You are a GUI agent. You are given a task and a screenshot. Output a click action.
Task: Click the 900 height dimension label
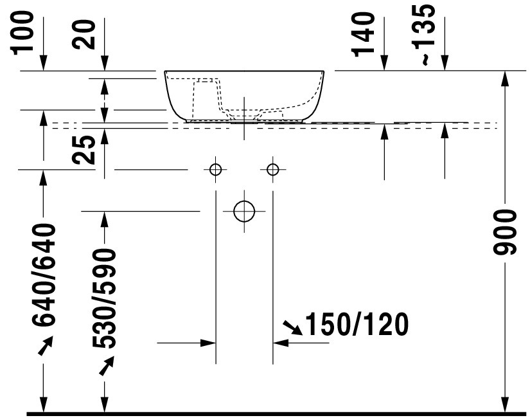pos(505,232)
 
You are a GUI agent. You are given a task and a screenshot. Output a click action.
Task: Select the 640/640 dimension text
pos(44,275)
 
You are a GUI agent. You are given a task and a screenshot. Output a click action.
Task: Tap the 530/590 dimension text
pos(104,298)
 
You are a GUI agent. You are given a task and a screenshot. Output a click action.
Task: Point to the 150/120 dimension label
pos(357,324)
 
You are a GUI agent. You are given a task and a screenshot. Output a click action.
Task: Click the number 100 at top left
pos(23,33)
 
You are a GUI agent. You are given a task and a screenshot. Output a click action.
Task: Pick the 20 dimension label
pos(84,35)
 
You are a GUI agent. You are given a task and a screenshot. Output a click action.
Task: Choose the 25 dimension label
pos(84,150)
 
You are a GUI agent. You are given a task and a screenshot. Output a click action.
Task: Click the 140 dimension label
pos(364,34)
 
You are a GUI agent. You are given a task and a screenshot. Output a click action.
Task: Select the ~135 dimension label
pos(424,34)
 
